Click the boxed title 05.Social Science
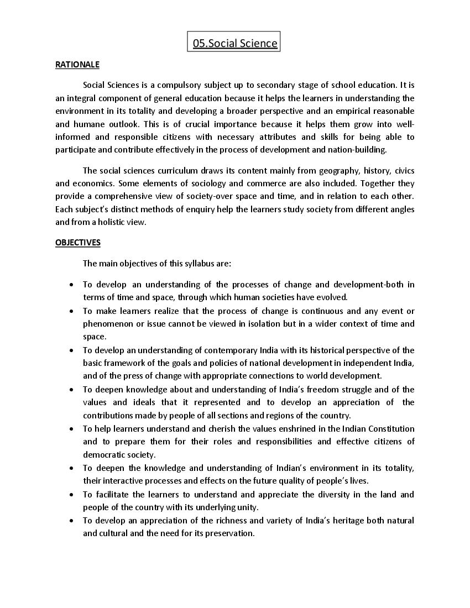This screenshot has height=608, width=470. click(234, 43)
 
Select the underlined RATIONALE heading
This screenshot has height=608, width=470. click(77, 65)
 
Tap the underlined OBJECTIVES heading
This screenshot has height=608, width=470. click(78, 242)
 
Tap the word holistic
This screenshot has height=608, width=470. click(110, 222)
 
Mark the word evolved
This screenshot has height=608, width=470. click(331, 297)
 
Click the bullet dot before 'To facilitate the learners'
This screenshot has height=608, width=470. click(71, 495)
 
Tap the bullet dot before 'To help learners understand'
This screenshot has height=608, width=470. click(71, 429)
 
